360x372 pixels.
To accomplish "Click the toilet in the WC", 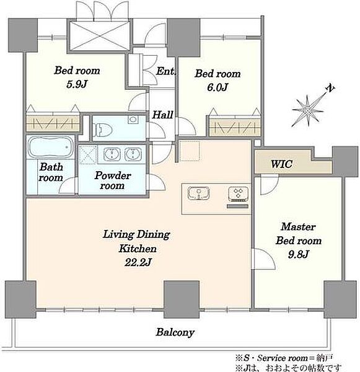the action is click(x=102, y=130).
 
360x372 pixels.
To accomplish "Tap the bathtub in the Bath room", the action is click(x=51, y=148).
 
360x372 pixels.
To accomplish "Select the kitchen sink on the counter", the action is click(x=198, y=193).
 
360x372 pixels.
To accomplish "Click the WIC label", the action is click(x=281, y=164).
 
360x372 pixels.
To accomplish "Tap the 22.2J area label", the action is click(x=138, y=263).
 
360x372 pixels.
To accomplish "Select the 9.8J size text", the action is click(x=298, y=255).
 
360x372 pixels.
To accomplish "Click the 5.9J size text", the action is click(x=77, y=84).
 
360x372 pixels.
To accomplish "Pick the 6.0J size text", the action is click(x=217, y=87).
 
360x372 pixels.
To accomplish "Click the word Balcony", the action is click(x=175, y=332).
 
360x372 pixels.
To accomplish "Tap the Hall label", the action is click(x=162, y=115).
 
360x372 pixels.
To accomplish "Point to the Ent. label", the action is click(x=166, y=71).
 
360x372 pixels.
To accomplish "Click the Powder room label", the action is click(x=112, y=180).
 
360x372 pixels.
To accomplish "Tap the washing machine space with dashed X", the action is click(x=88, y=154).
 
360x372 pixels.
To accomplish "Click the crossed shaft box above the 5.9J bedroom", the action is click(x=100, y=35).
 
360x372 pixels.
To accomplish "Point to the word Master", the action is click(x=298, y=227).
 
